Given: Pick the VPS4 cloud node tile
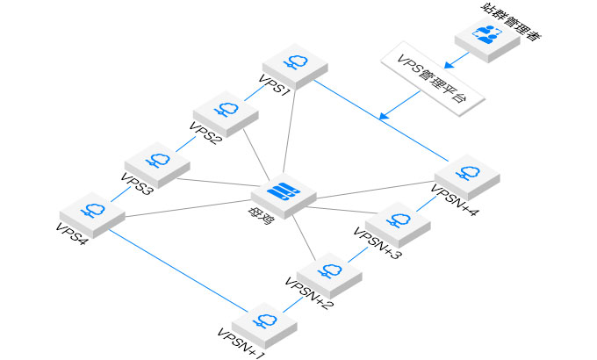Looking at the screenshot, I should click(x=91, y=212).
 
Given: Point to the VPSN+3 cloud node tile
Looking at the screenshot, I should click(x=399, y=220).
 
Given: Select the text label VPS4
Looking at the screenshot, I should click(x=72, y=233).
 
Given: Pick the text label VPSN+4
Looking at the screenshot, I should click(x=456, y=198).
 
